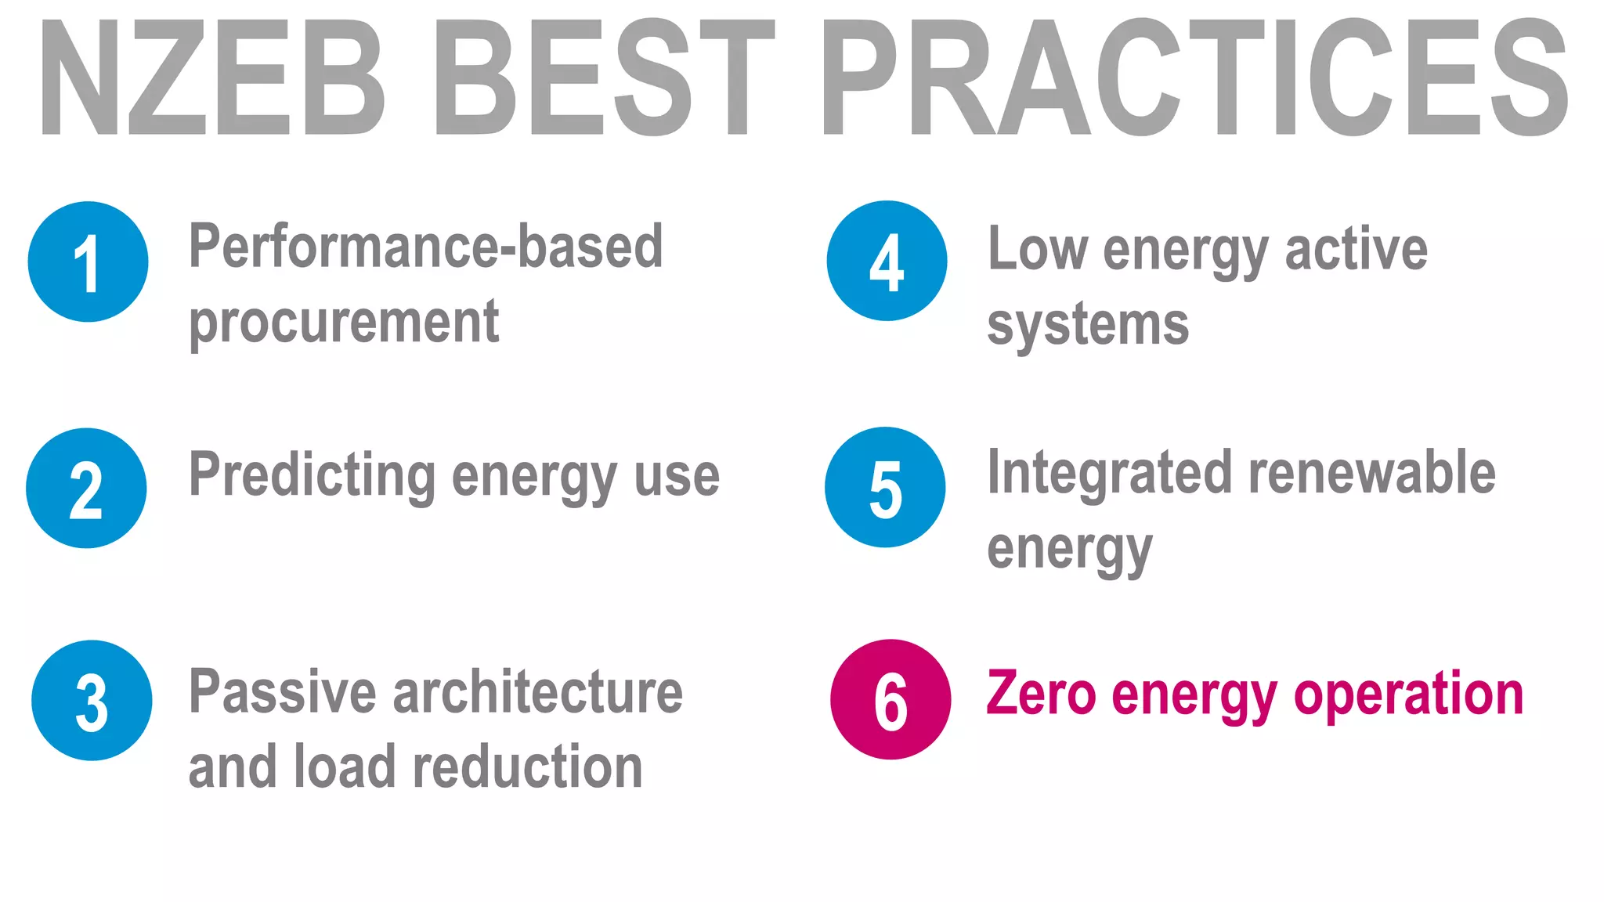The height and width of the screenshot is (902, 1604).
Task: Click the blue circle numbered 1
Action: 88,262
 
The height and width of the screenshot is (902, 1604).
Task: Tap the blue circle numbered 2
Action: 86,488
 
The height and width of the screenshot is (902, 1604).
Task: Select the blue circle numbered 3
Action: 92,700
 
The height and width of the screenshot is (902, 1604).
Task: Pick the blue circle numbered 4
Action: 887,261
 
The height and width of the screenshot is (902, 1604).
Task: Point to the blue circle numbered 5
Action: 885,487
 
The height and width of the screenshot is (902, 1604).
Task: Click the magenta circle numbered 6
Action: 891,699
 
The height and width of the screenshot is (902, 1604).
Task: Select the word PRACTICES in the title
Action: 1194,78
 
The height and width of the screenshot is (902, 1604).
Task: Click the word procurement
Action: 344,323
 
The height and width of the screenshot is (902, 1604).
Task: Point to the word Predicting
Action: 312,476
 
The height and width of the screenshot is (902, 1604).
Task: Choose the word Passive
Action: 283,692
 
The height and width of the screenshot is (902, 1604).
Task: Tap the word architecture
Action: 537,692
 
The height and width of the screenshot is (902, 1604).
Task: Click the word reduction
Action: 527,767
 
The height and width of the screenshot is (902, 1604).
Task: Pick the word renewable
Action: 1371,473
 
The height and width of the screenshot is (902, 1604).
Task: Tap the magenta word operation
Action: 1408,695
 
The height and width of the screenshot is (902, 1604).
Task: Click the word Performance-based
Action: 426,247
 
